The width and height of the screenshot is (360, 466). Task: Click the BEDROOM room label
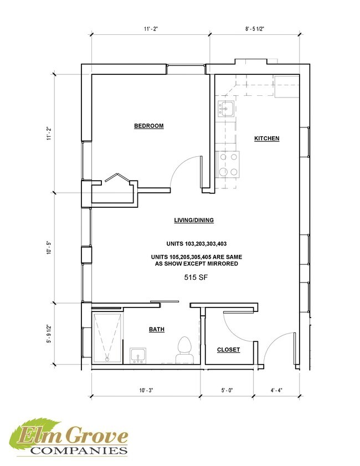click(x=149, y=126)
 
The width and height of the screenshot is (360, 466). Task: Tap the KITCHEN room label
click(x=266, y=139)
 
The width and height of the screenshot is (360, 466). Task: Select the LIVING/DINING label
click(x=194, y=220)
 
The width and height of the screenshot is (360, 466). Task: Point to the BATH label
click(x=157, y=330)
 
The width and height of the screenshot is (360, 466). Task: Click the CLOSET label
click(x=228, y=350)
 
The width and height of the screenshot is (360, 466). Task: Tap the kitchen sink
click(x=226, y=109)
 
